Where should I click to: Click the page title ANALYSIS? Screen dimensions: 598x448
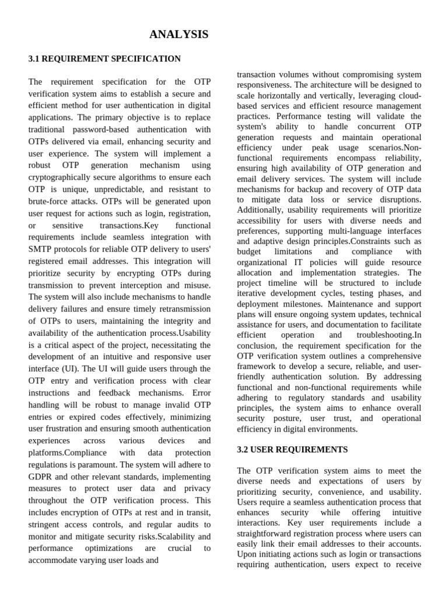[x=178, y=35]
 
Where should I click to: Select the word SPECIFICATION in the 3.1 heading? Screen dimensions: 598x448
[x=147, y=59]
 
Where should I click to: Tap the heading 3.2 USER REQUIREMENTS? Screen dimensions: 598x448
[x=292, y=450]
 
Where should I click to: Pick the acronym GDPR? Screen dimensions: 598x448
[x=40, y=477]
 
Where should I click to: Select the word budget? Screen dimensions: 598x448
[x=249, y=252]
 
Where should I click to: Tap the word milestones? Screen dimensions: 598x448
[x=306, y=304]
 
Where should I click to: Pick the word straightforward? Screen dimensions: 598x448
[x=269, y=533]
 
